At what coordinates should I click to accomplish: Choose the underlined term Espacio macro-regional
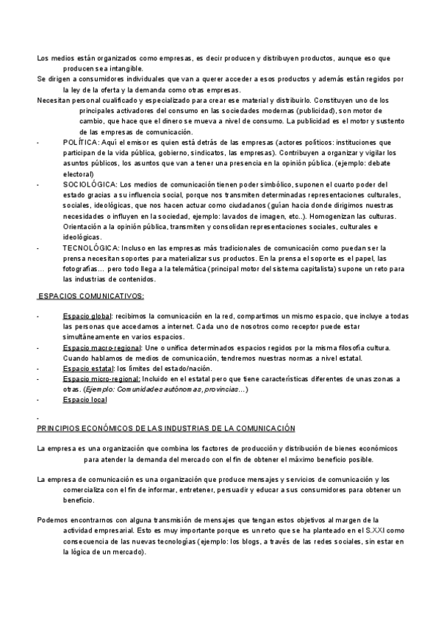[x=101, y=347]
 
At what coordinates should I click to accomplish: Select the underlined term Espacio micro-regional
[x=100, y=378]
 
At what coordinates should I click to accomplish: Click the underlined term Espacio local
[x=85, y=400]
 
